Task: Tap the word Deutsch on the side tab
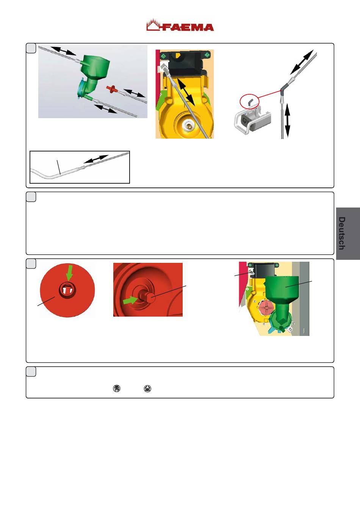tap(342, 233)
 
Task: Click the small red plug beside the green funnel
tap(112, 89)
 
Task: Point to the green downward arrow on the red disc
tap(69, 273)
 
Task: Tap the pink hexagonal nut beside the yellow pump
tap(266, 308)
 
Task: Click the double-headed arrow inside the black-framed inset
tap(96, 159)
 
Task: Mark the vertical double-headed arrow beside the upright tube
tap(287, 120)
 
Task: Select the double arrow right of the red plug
tap(134, 93)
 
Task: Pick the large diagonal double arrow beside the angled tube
tap(302, 62)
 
